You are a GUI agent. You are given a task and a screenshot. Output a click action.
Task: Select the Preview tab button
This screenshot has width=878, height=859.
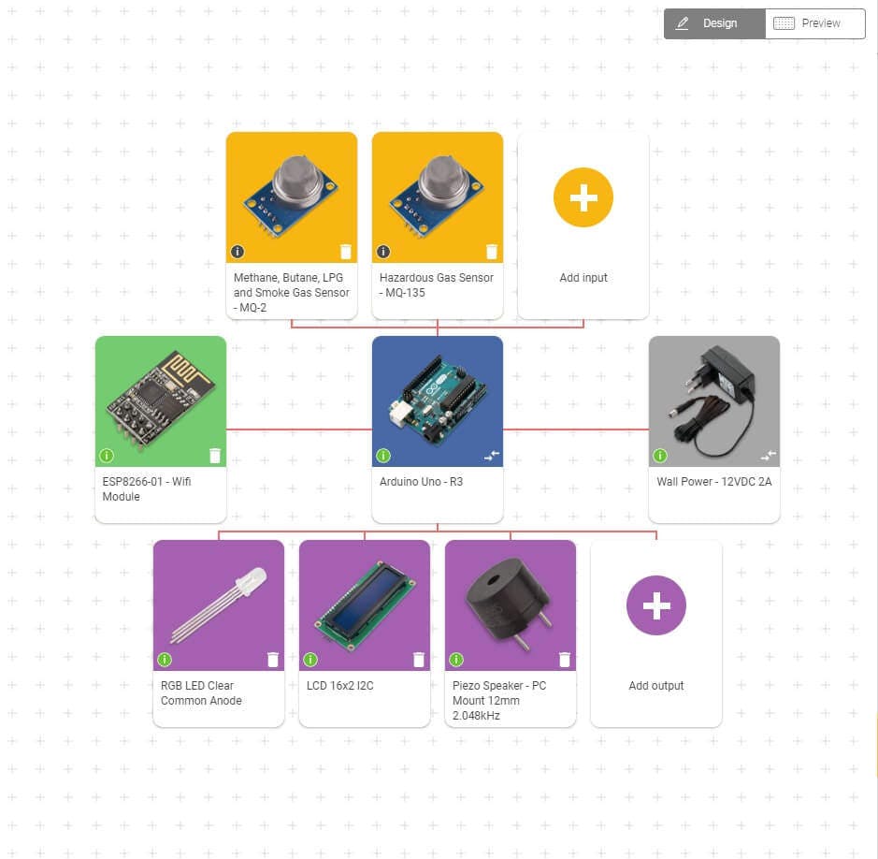pos(814,23)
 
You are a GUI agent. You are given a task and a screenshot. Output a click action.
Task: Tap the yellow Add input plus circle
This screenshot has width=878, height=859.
pos(583,197)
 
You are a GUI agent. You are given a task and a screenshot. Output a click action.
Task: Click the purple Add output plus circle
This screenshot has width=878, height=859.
pos(655,605)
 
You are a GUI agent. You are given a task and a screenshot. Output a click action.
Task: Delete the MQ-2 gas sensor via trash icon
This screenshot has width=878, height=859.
pos(346,251)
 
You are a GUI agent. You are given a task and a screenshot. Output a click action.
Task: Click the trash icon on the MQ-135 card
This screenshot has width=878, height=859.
pos(492,251)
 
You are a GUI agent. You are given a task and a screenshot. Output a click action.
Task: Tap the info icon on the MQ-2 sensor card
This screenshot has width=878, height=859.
pos(237,251)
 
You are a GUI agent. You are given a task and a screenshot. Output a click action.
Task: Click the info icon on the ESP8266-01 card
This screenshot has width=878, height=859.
pos(107,456)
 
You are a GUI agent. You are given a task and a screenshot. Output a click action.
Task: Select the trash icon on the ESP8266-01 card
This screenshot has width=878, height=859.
pos(215,456)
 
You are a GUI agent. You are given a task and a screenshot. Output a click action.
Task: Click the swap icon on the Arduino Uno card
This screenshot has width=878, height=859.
pos(492,456)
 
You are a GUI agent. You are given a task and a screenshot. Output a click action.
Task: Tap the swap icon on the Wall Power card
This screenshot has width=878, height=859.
pos(769,456)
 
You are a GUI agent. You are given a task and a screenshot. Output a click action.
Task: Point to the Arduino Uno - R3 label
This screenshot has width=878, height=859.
pos(421,482)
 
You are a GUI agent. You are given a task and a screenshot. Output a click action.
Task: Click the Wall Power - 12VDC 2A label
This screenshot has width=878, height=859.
pos(714,482)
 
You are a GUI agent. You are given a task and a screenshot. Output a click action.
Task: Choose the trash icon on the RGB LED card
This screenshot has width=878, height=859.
pos(273,660)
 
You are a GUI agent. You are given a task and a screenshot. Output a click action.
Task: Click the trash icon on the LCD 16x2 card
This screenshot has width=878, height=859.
pos(419,660)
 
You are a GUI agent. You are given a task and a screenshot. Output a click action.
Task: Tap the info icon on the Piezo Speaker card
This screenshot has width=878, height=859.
pos(456,660)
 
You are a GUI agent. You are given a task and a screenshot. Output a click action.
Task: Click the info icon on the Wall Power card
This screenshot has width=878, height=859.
pos(660,456)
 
